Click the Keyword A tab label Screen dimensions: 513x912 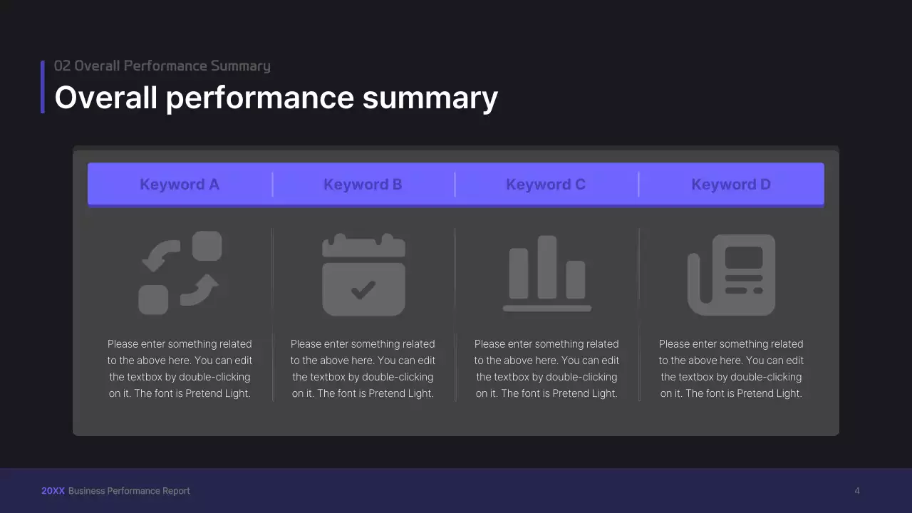pyautogui.click(x=180, y=185)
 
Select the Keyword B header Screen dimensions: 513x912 pyautogui.click(x=363, y=185)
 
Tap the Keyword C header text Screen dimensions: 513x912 pyautogui.click(x=546, y=185)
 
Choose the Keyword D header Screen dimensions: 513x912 pyautogui.click(x=731, y=185)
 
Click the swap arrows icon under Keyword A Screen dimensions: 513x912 pyautogui.click(x=180, y=273)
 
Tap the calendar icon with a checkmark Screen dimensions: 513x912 pyautogui.click(x=363, y=274)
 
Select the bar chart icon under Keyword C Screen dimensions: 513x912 pyautogui.click(x=546, y=274)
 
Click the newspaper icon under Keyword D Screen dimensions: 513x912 pyautogui.click(x=731, y=274)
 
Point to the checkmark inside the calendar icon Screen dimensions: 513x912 pyautogui.click(x=363, y=289)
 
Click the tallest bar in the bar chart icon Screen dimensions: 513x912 pyautogui.click(x=546, y=267)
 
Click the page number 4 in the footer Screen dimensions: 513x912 pyautogui.click(x=857, y=491)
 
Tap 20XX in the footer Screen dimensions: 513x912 pyautogui.click(x=53, y=491)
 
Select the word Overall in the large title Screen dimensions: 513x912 pyautogui.click(x=106, y=98)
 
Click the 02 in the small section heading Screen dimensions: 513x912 pyautogui.click(x=62, y=66)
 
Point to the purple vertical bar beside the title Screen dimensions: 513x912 pyautogui.click(x=43, y=87)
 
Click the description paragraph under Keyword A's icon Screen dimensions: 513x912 pyautogui.click(x=180, y=368)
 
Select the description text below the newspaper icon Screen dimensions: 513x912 pyautogui.click(x=731, y=368)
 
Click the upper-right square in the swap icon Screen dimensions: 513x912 pyautogui.click(x=207, y=246)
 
